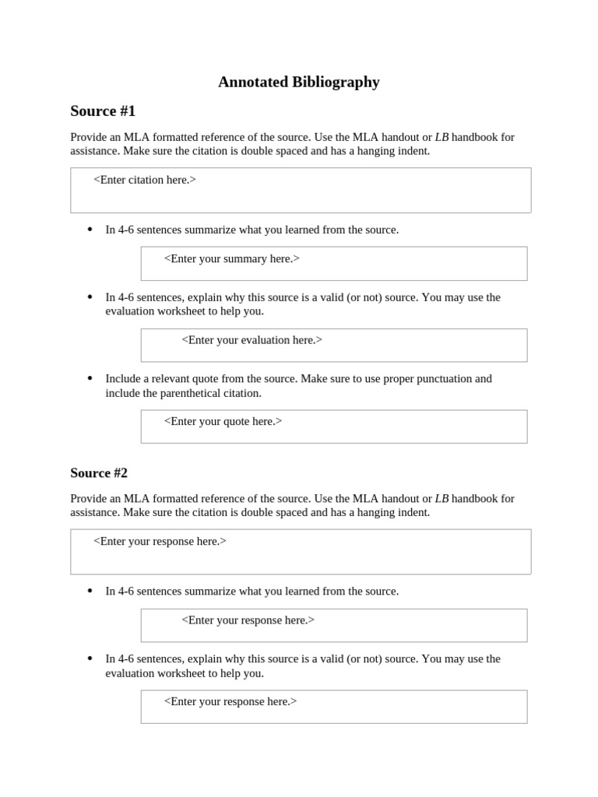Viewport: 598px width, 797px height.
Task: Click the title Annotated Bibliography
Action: tap(298, 82)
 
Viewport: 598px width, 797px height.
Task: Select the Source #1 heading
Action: tap(103, 111)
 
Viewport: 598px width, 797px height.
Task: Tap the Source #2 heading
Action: tap(99, 472)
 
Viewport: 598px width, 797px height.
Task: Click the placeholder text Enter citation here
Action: tap(145, 180)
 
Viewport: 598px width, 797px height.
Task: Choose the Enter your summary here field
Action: tap(333, 263)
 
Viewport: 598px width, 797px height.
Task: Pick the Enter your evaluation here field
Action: tap(333, 345)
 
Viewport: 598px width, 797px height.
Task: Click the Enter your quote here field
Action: tap(333, 427)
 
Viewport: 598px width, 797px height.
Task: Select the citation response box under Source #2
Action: tap(301, 552)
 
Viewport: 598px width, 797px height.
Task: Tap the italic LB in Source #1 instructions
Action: tap(441, 137)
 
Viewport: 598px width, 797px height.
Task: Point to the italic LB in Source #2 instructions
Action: tap(441, 498)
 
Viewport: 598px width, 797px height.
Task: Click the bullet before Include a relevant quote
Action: tap(90, 378)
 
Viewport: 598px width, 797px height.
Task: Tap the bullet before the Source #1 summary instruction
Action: tap(90, 229)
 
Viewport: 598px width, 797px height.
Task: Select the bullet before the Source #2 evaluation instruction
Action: tap(90, 658)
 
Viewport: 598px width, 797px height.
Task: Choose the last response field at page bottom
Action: tap(333, 707)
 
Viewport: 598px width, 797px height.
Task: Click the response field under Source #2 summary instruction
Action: tap(333, 625)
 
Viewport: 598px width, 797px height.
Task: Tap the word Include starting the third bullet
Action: tap(125, 379)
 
